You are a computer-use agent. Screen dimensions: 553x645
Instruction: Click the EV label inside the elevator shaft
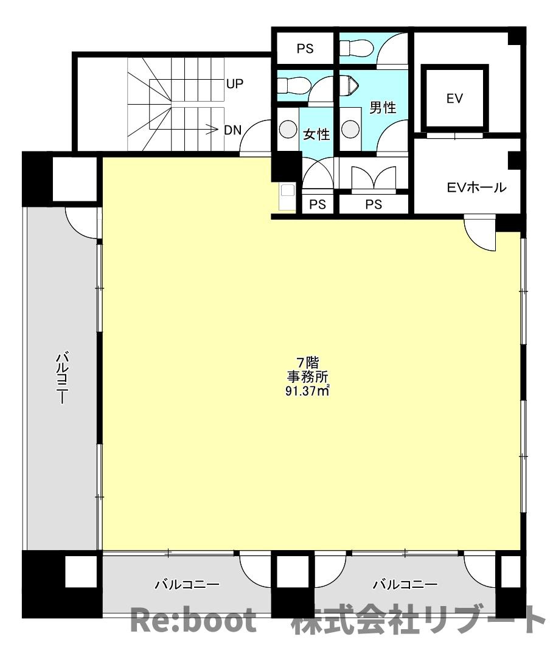click(454, 99)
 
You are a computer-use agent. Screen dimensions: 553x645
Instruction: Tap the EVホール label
click(476, 187)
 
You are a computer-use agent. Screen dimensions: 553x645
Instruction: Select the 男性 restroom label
click(383, 108)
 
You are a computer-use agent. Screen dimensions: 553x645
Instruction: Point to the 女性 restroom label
click(316, 134)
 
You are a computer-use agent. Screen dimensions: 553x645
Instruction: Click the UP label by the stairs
click(235, 84)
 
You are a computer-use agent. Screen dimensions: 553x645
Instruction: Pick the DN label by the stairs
click(233, 130)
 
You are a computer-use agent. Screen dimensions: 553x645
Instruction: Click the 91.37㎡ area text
click(307, 391)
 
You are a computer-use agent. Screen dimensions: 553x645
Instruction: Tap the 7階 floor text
click(308, 363)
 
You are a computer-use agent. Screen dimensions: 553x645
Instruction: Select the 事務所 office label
click(308, 377)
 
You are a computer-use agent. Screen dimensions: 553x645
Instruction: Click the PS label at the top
click(305, 49)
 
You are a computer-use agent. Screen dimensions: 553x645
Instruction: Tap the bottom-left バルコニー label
click(187, 584)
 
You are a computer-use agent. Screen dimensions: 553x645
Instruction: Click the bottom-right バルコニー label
click(405, 584)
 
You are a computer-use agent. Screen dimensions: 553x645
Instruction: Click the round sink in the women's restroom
click(288, 129)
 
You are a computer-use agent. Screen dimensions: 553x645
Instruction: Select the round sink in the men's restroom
click(350, 129)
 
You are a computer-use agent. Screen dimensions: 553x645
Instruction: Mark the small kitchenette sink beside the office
click(287, 197)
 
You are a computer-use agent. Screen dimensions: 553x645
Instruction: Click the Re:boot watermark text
click(193, 620)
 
